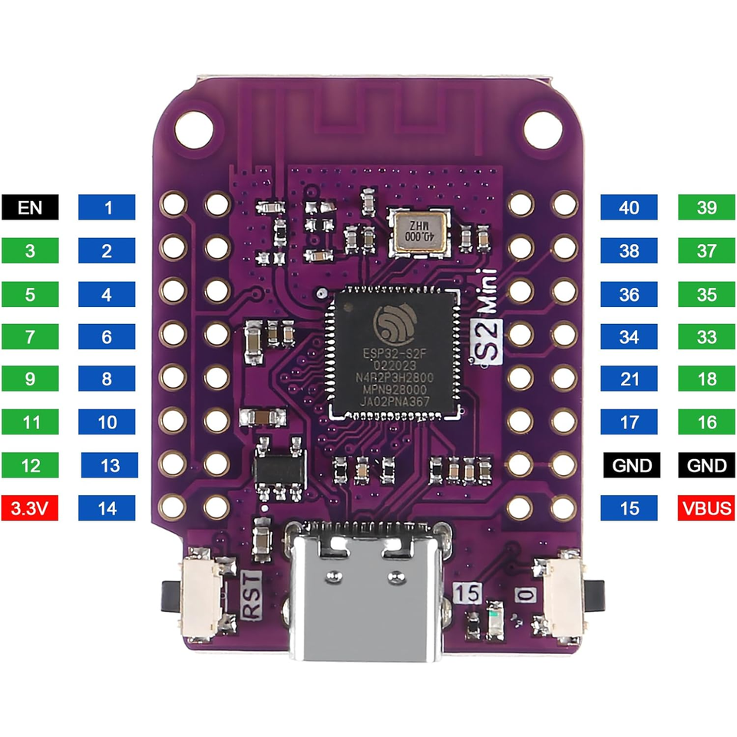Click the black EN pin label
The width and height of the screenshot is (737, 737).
pyautogui.click(x=30, y=207)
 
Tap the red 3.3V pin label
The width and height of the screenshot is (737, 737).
pyautogui.click(x=30, y=507)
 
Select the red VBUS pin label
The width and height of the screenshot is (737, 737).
pyautogui.click(x=706, y=507)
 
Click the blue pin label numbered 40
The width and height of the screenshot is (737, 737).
pyautogui.click(x=629, y=207)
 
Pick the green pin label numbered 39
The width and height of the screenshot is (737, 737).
pyautogui.click(x=706, y=207)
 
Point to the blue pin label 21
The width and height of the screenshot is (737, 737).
pyautogui.click(x=629, y=378)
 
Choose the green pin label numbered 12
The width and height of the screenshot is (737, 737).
pyautogui.click(x=30, y=465)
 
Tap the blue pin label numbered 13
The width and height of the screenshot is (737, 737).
pyautogui.click(x=110, y=465)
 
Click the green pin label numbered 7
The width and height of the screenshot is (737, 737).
pyautogui.click(x=30, y=336)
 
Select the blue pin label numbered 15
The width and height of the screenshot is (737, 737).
pyautogui.click(x=629, y=507)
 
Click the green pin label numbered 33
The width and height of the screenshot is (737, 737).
pyautogui.click(x=706, y=336)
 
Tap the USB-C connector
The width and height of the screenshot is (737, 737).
pyautogui.click(x=367, y=590)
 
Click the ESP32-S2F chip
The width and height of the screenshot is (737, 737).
pyautogui.click(x=394, y=352)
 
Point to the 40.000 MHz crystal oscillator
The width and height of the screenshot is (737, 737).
pyautogui.click(x=419, y=233)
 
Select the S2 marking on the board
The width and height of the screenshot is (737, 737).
pyautogui.click(x=487, y=342)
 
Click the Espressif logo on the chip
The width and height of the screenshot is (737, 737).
pyautogui.click(x=395, y=324)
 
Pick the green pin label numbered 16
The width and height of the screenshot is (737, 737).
pyautogui.click(x=706, y=421)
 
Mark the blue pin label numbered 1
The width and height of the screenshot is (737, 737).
pyautogui.click(x=107, y=207)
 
